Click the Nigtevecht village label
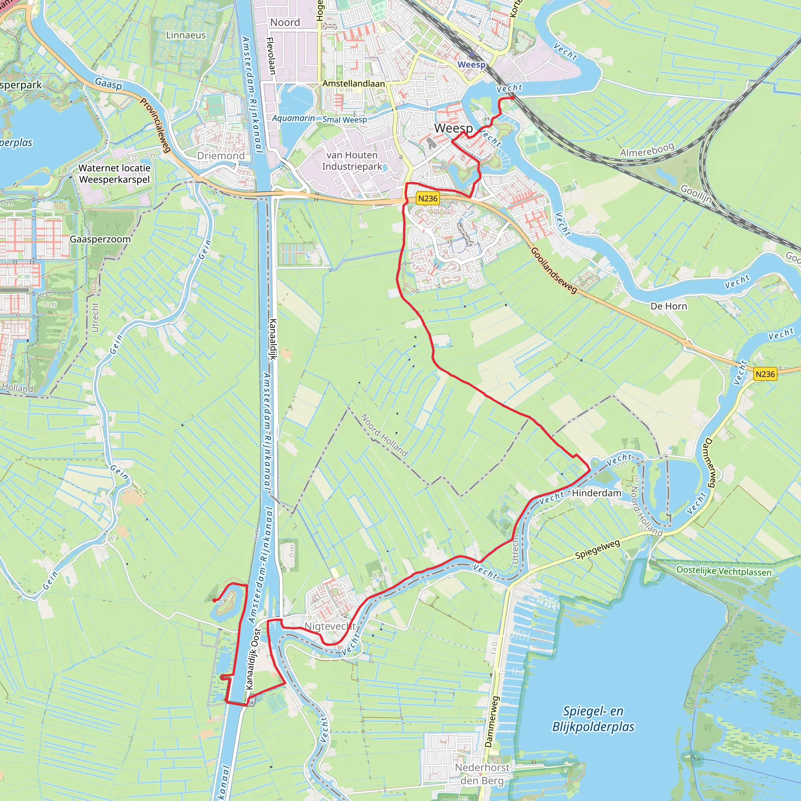[330, 626]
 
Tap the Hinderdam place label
[596, 493]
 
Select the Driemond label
[221, 156]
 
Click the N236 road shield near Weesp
[427, 199]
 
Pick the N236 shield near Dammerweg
[765, 374]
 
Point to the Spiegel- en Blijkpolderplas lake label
[593, 719]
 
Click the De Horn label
[668, 306]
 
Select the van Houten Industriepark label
[352, 161]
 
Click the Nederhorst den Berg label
[482, 774]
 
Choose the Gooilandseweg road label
[553, 270]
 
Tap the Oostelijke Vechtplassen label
[724, 571]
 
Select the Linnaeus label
[186, 35]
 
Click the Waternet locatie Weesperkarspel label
[115, 174]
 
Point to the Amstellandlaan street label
[353, 84]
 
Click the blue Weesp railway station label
[471, 65]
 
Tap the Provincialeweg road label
[156, 125]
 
